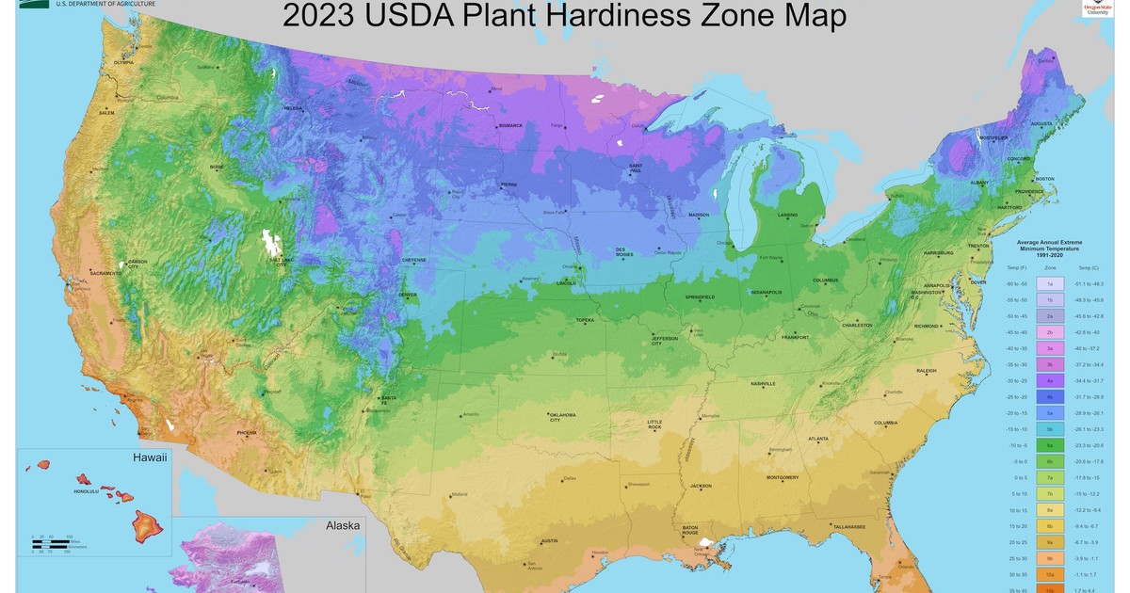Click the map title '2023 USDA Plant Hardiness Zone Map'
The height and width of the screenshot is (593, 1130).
pyautogui.click(x=564, y=16)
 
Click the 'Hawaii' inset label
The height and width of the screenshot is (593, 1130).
pyautogui.click(x=149, y=458)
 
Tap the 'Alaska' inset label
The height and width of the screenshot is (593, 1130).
pyautogui.click(x=342, y=525)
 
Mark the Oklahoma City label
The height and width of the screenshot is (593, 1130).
pyautogui.click(x=562, y=417)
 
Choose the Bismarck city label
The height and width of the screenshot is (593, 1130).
pyautogui.click(x=509, y=124)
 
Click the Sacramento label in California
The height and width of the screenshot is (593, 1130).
pyautogui.click(x=105, y=272)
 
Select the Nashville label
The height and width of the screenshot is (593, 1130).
pyautogui.click(x=763, y=384)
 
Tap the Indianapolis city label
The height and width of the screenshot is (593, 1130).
pyautogui.click(x=765, y=292)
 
